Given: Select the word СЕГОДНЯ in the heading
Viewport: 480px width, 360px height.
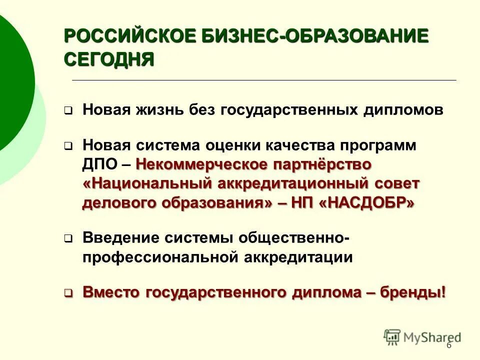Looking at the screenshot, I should [109, 59].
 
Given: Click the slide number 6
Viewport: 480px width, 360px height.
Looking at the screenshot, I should [448, 345].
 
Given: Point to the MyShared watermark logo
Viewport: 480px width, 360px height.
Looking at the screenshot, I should [422, 337].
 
